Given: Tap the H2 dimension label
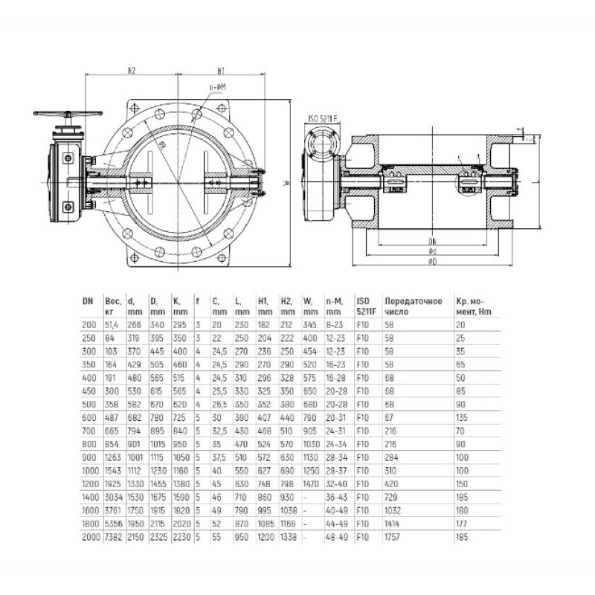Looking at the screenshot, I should pos(131,71).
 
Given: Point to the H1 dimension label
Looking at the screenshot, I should pos(222,71).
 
